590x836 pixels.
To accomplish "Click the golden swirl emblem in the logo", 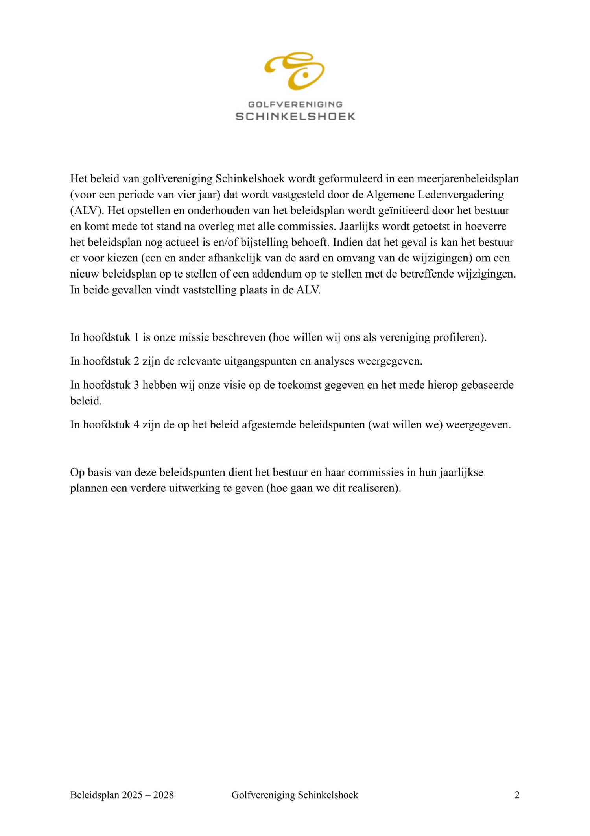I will (x=295, y=70).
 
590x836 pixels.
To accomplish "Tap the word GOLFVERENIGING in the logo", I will (x=295, y=104).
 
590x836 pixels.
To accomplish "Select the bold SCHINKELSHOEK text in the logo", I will (x=295, y=116).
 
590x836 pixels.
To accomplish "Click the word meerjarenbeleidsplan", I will (x=468, y=179).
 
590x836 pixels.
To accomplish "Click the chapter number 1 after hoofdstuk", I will (x=136, y=337).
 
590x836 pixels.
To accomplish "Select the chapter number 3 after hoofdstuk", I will (x=136, y=385).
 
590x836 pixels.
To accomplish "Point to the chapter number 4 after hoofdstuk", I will (x=136, y=425).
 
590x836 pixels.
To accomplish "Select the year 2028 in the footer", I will (x=163, y=795).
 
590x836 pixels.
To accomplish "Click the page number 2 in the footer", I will (x=517, y=795).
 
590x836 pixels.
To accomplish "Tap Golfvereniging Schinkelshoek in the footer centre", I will (x=295, y=795).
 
